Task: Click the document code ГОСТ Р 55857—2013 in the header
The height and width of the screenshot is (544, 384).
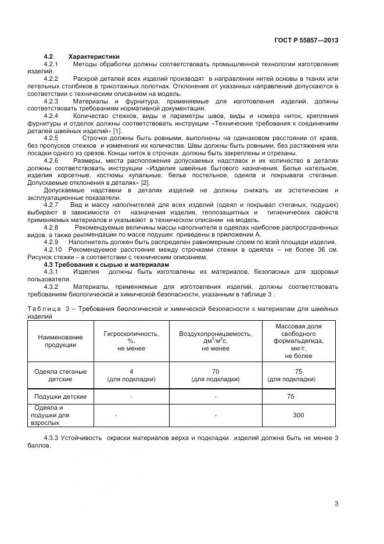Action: pos(306,41)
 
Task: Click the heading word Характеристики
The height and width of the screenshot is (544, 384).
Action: pos(94,56)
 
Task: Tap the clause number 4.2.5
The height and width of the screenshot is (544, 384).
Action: pos(51,138)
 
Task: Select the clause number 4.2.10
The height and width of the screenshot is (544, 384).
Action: pos(53,249)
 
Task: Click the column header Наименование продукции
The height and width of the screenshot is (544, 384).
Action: pos(60,341)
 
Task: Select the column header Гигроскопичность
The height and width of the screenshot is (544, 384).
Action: pos(131,334)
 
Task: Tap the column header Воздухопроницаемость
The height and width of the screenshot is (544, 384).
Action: pos(215,334)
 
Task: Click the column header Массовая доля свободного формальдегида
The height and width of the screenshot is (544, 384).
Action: pos(299,334)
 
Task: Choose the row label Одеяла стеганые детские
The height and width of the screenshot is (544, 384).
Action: pos(60,375)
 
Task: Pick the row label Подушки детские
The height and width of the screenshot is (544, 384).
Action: pos(60,396)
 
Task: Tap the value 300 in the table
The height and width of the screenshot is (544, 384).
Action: pos(299,416)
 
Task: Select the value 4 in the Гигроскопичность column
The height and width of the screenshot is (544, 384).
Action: pos(131,371)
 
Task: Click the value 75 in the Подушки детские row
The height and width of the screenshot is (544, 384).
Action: pos(290,396)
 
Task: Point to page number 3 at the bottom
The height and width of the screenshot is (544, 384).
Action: pos(336,503)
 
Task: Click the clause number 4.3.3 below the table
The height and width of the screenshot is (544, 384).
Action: pos(52,438)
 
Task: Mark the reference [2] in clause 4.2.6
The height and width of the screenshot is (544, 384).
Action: pos(145,182)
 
